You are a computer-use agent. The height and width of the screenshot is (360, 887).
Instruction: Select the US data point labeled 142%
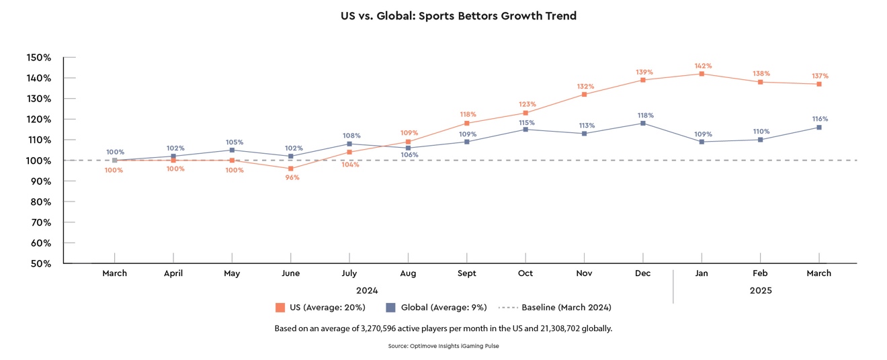pyautogui.click(x=702, y=74)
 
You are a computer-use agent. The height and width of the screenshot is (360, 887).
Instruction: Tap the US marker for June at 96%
pyautogui.click(x=291, y=169)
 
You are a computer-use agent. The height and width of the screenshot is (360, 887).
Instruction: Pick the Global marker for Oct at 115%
pyautogui.click(x=525, y=130)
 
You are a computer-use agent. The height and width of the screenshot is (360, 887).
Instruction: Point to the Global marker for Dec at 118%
pyautogui.click(x=643, y=123)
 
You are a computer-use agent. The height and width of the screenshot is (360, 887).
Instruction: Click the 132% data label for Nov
pyautogui.click(x=584, y=87)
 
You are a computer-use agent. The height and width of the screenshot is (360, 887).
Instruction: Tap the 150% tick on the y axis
pyautogui.click(x=39, y=58)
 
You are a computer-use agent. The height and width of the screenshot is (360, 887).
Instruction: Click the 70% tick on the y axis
pyautogui.click(x=41, y=222)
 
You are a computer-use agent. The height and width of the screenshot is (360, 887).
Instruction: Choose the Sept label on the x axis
pyautogui.click(x=466, y=273)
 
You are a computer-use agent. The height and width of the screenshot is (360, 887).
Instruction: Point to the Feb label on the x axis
pyautogui.click(x=760, y=273)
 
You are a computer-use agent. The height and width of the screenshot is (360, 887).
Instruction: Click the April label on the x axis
pyautogui.click(x=173, y=273)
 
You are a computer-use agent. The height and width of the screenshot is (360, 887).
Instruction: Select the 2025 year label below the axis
pyautogui.click(x=760, y=291)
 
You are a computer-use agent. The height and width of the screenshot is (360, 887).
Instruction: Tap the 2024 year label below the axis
pyautogui.click(x=367, y=291)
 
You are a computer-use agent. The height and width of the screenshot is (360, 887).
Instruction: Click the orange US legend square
pyautogui.click(x=280, y=308)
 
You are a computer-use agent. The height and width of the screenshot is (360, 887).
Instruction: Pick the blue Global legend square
pyautogui.click(x=390, y=308)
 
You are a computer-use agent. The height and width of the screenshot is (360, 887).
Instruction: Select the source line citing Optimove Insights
pyautogui.click(x=443, y=346)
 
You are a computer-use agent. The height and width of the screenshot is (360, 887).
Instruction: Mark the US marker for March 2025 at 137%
pyautogui.click(x=819, y=84)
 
